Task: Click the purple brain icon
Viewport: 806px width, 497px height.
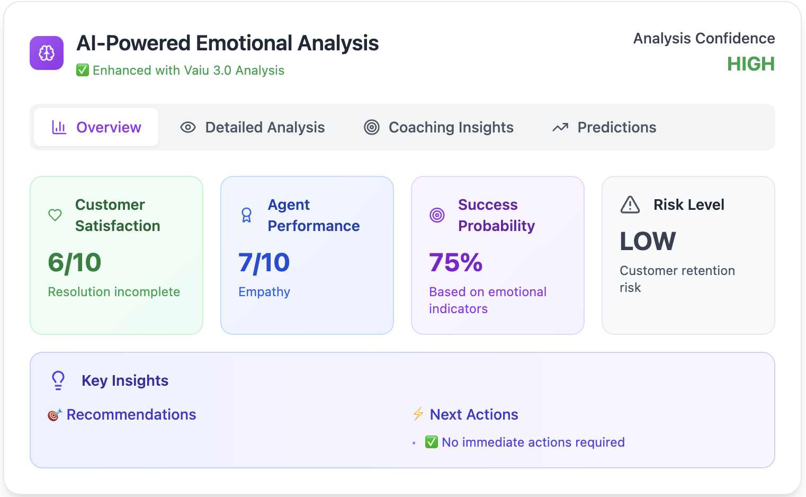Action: pyautogui.click(x=47, y=53)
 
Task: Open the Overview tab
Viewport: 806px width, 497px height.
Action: pyautogui.click(x=96, y=127)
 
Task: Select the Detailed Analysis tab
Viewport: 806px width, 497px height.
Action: pyautogui.click(x=253, y=127)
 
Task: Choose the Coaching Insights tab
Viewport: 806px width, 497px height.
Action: pyautogui.click(x=438, y=127)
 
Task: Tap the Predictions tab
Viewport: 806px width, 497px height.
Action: pyautogui.click(x=604, y=127)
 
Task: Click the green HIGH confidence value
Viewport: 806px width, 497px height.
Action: pyautogui.click(x=750, y=64)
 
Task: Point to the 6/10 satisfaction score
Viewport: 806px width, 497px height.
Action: pyautogui.click(x=75, y=262)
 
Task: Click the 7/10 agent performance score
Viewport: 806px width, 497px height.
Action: pyautogui.click(x=264, y=262)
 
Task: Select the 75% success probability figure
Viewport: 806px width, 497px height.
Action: pyautogui.click(x=456, y=262)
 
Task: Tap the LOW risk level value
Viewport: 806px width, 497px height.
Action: pyautogui.click(x=648, y=242)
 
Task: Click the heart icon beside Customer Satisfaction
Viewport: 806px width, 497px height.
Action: pyautogui.click(x=55, y=215)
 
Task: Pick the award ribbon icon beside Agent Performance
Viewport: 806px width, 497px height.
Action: pyautogui.click(x=246, y=215)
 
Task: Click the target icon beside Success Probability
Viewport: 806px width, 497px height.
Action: pyautogui.click(x=437, y=215)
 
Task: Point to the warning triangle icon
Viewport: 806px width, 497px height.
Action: pyautogui.click(x=630, y=205)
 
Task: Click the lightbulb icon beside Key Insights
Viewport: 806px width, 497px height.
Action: pyautogui.click(x=58, y=380)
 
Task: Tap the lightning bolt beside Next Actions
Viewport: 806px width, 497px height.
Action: pyautogui.click(x=418, y=414)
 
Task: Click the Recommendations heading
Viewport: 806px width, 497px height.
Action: pyautogui.click(x=131, y=414)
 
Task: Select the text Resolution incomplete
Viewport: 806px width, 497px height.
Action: pyautogui.click(x=114, y=292)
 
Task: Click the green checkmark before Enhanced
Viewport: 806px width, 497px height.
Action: pyautogui.click(x=83, y=70)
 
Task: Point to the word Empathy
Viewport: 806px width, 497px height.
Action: pyautogui.click(x=264, y=292)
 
